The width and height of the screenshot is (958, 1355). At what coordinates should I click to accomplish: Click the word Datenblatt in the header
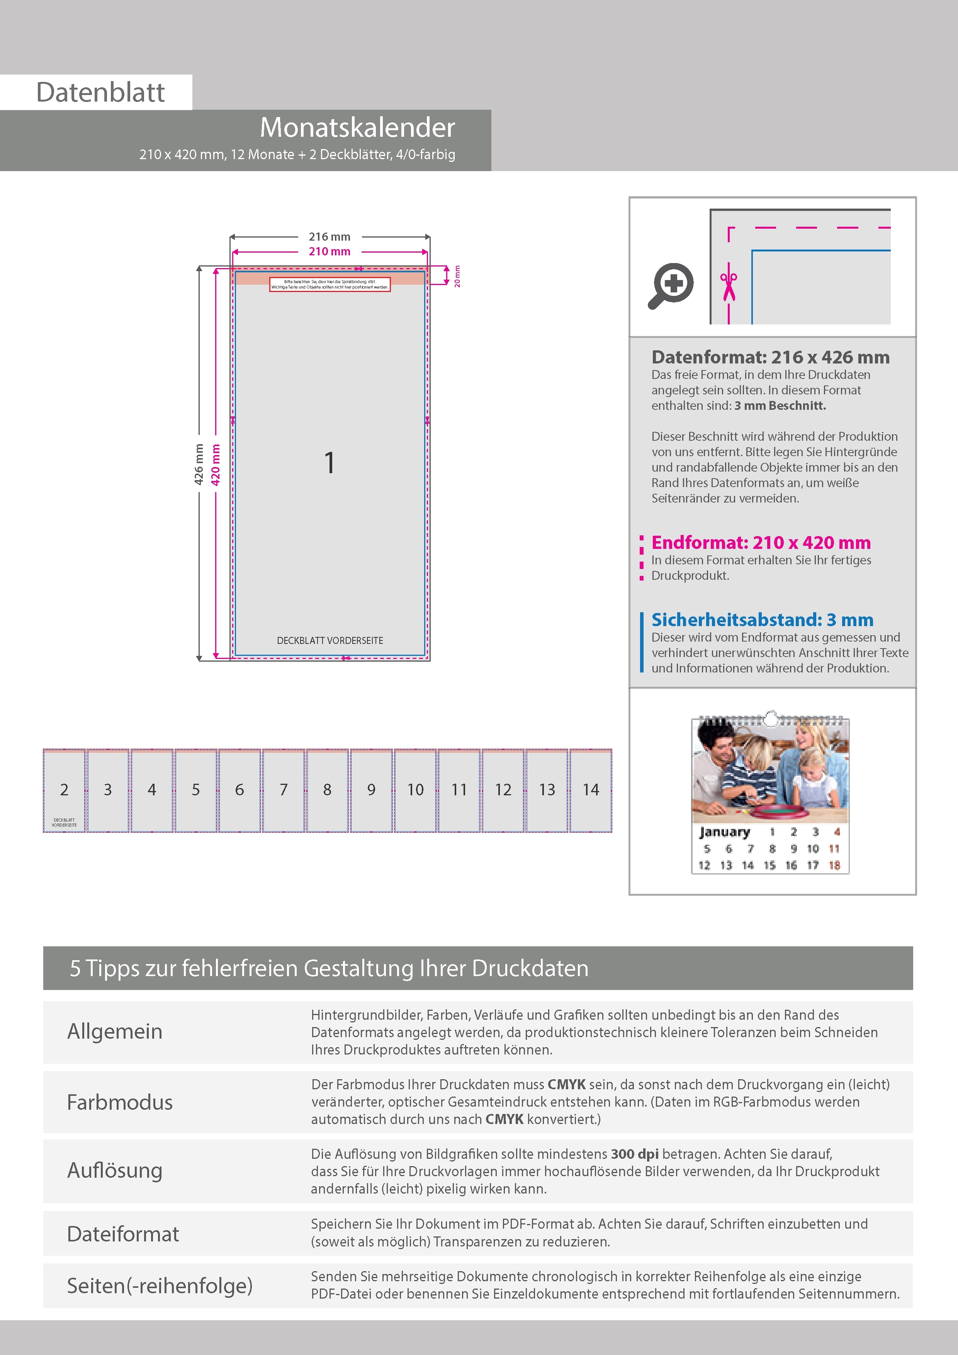tap(100, 93)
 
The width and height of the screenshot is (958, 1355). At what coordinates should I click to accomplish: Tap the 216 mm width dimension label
tap(330, 237)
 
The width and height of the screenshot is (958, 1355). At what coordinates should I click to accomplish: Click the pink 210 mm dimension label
tap(330, 251)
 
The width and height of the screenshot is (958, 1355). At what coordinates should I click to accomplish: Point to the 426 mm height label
tap(199, 464)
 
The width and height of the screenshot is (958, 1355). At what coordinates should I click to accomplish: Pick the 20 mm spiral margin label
tap(457, 276)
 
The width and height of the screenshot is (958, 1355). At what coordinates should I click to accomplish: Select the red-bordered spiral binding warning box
tap(330, 284)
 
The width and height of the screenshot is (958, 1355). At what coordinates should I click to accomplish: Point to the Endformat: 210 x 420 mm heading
tap(761, 542)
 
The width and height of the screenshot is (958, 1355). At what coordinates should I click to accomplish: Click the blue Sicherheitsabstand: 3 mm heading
tap(762, 620)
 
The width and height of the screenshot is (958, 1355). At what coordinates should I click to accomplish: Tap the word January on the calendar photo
tap(724, 832)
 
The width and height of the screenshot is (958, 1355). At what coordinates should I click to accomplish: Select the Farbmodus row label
tap(120, 1102)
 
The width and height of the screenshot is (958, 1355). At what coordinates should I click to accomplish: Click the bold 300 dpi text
tap(635, 1154)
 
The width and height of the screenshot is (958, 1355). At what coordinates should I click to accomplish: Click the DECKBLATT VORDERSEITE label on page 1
tap(330, 640)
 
